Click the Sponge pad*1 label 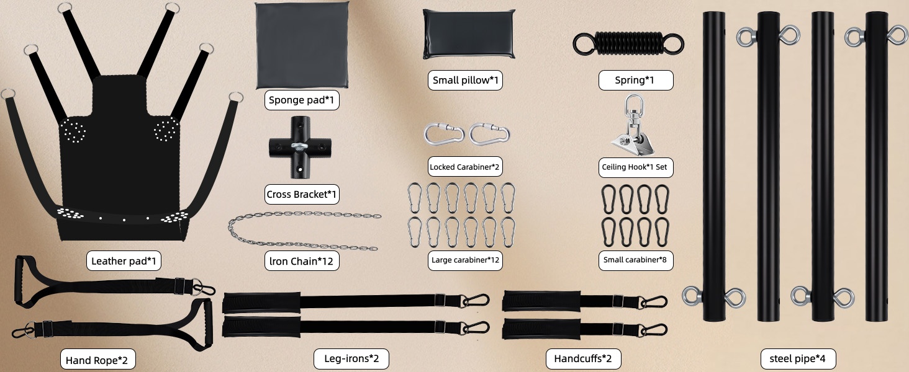tap(302, 100)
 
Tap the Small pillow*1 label tap(465, 80)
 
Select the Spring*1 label tap(635, 80)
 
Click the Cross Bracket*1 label tap(302, 195)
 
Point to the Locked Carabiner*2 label tap(465, 167)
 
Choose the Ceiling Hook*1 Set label tap(635, 167)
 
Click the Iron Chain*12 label tap(302, 261)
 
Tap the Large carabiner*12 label tap(465, 260)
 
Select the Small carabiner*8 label tap(635, 260)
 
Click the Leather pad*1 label tap(124, 260)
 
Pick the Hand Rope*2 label tap(97, 360)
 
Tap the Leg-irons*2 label tap(351, 358)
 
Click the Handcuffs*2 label tap(583, 358)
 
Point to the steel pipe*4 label tap(798, 358)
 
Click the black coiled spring tap(628, 44)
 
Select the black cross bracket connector tap(300, 148)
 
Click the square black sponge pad tap(302, 45)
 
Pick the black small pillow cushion tap(469, 34)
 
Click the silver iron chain tap(304, 230)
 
